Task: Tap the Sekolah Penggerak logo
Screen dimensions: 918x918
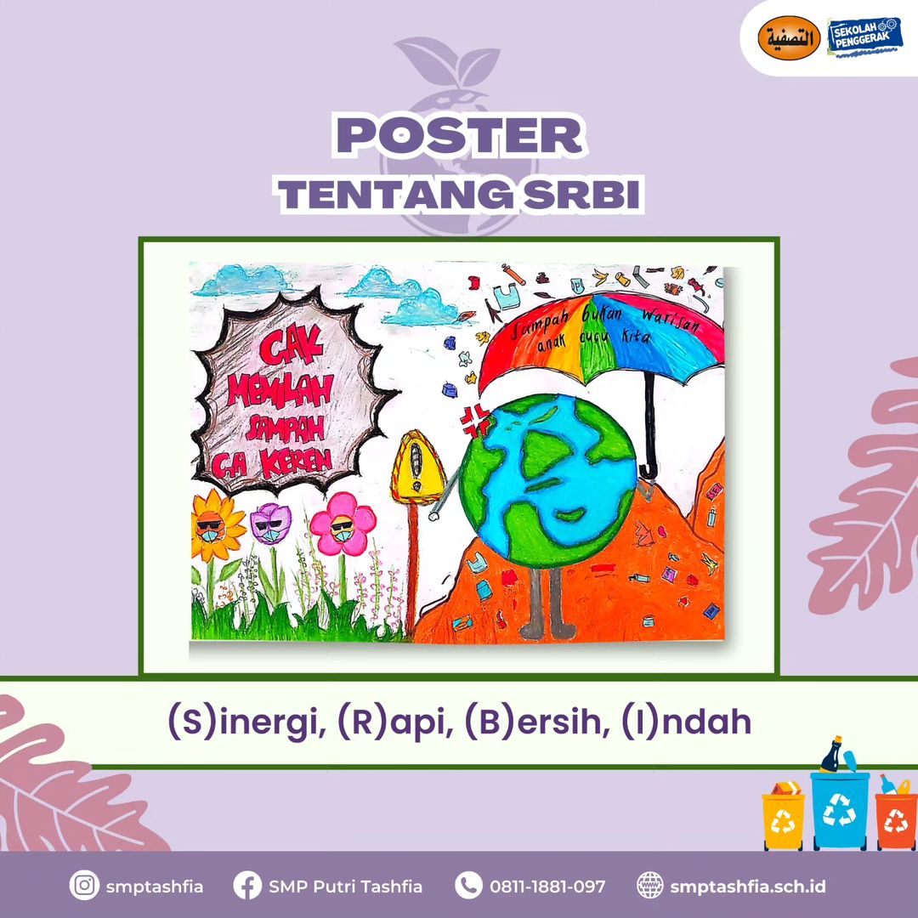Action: tap(864, 37)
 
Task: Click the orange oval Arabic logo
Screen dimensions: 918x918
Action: tap(789, 38)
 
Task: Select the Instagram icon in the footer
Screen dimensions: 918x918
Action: tap(83, 887)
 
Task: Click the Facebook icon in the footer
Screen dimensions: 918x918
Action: tap(246, 887)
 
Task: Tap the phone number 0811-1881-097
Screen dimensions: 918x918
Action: tap(547, 887)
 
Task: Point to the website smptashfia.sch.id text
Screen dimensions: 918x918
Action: tap(748, 887)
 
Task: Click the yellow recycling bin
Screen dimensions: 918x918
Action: tap(783, 819)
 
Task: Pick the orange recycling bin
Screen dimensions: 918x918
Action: tap(896, 819)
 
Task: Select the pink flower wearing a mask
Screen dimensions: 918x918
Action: tap(343, 524)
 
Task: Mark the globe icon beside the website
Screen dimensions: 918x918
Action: tap(649, 887)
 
